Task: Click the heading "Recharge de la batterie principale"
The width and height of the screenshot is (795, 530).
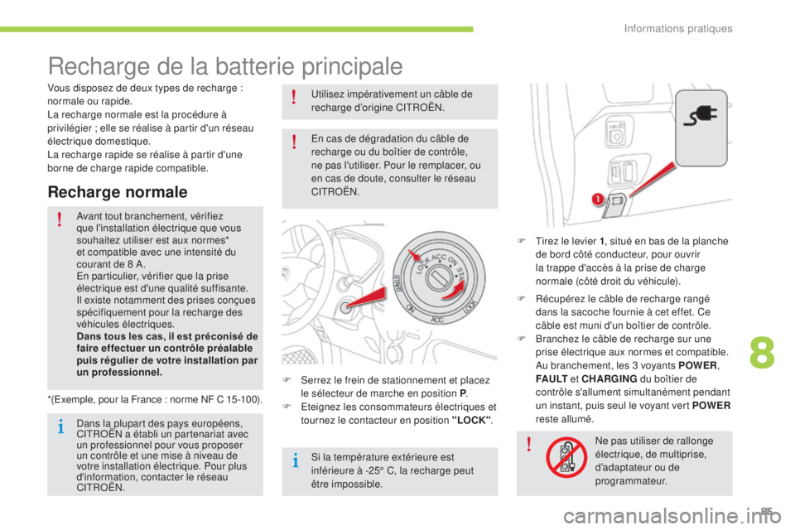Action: [x=225, y=65]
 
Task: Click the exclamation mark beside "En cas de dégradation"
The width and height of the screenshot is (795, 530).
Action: [x=294, y=147]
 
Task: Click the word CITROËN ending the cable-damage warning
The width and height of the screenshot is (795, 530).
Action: [x=335, y=191]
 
